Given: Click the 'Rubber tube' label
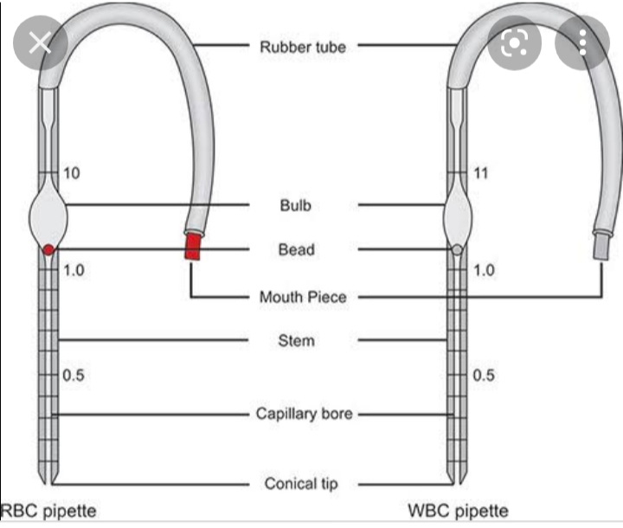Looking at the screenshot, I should click(302, 46).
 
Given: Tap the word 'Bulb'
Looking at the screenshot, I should click(295, 205).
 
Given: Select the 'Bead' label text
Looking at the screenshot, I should click(296, 249).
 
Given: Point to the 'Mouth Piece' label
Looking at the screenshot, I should click(303, 297).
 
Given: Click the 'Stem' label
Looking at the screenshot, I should click(296, 340).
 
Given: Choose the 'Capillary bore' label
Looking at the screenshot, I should click(304, 414).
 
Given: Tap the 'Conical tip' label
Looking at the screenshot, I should click(302, 483).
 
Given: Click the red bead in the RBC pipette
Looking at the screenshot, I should click(49, 250).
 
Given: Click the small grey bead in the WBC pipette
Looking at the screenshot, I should click(457, 250).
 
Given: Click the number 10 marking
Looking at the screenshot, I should click(72, 174).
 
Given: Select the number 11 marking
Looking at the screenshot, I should click(481, 174).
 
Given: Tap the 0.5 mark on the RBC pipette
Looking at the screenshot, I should click(74, 377).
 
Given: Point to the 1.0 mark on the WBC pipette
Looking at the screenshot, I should click(484, 270).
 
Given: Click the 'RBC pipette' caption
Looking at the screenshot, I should click(48, 511).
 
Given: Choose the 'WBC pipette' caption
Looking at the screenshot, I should click(458, 511).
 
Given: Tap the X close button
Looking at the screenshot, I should click(40, 42).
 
